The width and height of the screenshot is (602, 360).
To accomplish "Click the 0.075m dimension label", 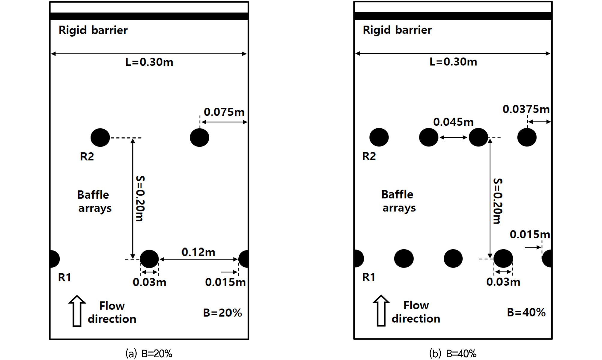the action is click(x=224, y=112).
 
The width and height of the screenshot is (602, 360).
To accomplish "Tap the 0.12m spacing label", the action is click(x=198, y=252).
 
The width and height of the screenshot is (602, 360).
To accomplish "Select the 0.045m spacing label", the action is click(x=453, y=122).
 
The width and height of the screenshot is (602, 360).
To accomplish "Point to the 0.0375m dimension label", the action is click(x=526, y=109).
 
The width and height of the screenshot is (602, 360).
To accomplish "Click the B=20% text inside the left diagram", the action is click(x=222, y=313).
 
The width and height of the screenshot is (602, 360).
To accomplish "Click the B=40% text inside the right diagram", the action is click(x=526, y=312).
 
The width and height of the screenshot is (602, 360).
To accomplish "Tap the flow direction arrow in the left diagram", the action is click(x=77, y=311).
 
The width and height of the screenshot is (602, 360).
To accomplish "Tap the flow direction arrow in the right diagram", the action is click(x=381, y=310).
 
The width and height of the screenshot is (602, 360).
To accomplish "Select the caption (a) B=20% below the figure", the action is click(x=149, y=354).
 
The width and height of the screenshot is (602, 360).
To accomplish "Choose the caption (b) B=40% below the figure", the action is click(x=453, y=354).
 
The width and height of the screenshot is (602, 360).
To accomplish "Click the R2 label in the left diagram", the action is click(x=87, y=156).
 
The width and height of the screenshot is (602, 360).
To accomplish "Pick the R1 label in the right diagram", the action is click(x=369, y=277).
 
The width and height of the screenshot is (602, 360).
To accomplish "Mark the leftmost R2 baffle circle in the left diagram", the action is click(x=100, y=138).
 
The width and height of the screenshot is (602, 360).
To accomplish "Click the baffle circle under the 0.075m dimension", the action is click(x=199, y=138).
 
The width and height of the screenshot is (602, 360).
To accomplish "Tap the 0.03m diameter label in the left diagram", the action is click(x=149, y=282).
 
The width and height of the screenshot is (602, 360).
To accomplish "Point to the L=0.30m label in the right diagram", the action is click(x=453, y=62).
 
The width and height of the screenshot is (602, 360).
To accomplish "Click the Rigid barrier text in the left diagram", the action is click(x=93, y=30).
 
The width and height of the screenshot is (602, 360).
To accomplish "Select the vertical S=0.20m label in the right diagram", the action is click(x=498, y=201).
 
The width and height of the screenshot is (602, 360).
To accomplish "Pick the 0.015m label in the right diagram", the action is click(x=530, y=234).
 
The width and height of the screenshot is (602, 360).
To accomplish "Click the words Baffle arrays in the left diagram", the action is click(x=94, y=202).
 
